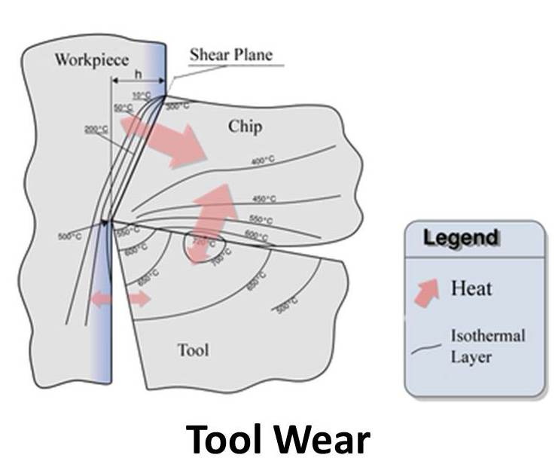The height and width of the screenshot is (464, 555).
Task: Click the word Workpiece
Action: click(x=92, y=60)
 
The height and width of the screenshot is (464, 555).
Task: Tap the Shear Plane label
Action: click(x=230, y=54)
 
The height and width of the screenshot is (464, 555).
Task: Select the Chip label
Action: click(x=245, y=127)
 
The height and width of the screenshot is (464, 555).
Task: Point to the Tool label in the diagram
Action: click(x=193, y=350)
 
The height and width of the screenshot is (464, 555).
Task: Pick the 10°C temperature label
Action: click(x=141, y=96)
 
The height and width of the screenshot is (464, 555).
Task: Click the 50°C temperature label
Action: click(x=123, y=108)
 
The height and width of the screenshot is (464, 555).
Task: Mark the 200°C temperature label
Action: click(x=96, y=130)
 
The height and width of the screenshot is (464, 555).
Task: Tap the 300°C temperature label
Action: click(x=178, y=107)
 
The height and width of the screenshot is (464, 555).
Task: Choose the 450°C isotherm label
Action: click(x=264, y=199)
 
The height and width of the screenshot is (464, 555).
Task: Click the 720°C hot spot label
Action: click(x=203, y=243)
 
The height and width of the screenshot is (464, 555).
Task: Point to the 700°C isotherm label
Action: click(x=221, y=261)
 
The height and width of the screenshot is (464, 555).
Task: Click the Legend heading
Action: click(x=461, y=238)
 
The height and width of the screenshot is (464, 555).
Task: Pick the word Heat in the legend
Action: click(x=472, y=288)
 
